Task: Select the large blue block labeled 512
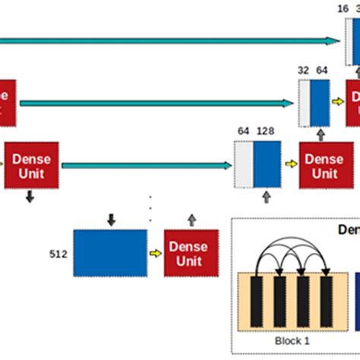[110, 252]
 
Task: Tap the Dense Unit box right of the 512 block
[191, 252]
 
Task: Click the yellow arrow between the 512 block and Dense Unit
[156, 253]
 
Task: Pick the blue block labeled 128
[267, 163]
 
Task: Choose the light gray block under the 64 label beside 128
[243, 163]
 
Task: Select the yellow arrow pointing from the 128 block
[291, 163]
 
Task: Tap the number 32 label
[303, 69]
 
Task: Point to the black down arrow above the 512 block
[111, 220]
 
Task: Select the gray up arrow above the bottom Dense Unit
[191, 220]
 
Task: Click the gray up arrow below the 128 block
[266, 197]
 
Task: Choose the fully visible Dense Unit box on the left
[33, 165]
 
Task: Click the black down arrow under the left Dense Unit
[30, 197]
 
